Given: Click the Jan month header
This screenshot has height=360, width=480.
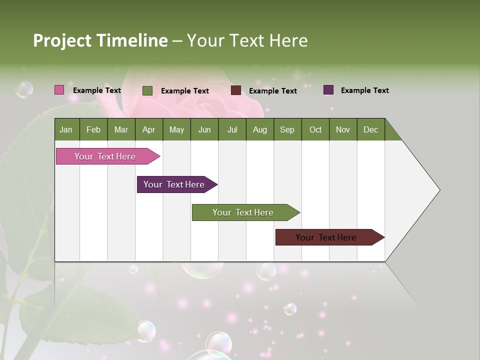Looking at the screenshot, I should [x=66, y=129].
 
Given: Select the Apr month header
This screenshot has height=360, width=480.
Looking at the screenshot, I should [x=148, y=129].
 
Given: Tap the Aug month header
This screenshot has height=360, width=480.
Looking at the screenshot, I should [x=259, y=129].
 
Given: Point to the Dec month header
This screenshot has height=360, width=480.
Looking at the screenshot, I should [x=370, y=129].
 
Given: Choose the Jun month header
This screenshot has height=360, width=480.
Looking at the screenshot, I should [x=204, y=129].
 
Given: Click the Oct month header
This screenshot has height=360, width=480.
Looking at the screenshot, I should [x=315, y=129].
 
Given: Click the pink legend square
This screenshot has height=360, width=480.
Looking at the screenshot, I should [x=59, y=90].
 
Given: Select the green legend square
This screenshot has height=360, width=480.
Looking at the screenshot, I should [x=147, y=90].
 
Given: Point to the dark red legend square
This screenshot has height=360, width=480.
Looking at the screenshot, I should [x=236, y=90].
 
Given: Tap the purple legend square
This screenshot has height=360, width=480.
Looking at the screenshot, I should [x=328, y=90].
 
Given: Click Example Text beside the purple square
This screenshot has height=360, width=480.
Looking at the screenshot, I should [x=364, y=90].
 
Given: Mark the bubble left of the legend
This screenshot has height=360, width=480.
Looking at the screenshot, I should [x=24, y=89].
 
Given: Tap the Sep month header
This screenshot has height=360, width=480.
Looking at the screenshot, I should [x=287, y=129].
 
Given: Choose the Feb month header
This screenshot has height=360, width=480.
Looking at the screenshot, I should [x=93, y=129].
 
